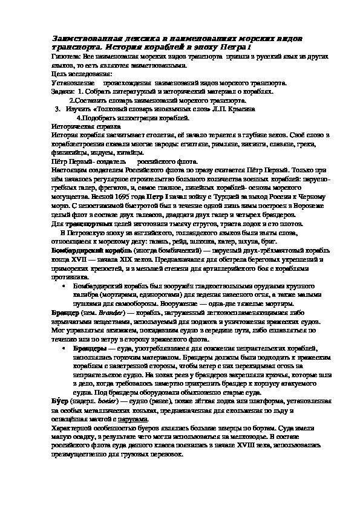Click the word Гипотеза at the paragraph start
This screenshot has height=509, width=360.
pyautogui.click(x=65, y=54)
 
